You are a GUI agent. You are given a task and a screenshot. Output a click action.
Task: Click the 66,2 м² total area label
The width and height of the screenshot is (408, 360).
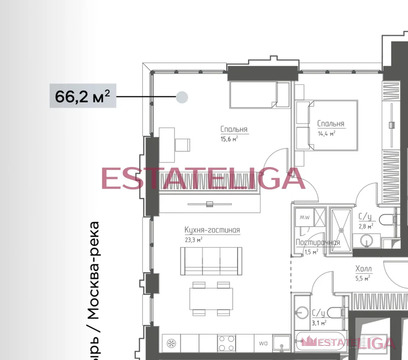pos(83,97)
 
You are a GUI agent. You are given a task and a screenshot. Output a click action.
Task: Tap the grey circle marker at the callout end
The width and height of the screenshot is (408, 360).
pos(182,97)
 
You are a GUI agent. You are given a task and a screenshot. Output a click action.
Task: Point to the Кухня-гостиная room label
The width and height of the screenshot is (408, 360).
pos(211,230)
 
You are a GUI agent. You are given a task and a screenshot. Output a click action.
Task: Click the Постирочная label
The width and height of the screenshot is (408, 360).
pos(313,241)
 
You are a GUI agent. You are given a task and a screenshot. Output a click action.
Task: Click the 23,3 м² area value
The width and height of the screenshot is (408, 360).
pos(200,240)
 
